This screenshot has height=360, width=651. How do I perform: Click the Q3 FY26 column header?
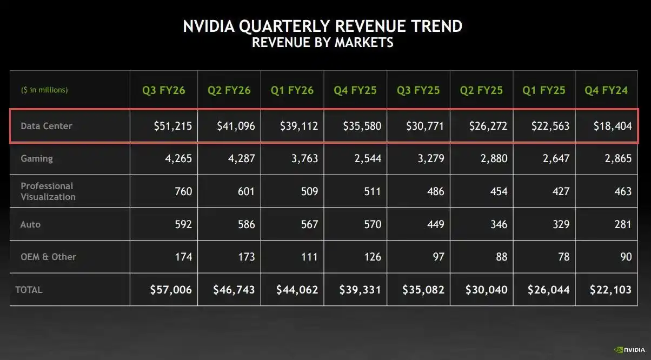163,90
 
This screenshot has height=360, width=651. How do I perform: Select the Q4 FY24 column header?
606,90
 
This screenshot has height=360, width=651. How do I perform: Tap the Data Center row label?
46,126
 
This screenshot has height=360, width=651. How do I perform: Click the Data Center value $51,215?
172,126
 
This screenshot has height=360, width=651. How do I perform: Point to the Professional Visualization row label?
48,191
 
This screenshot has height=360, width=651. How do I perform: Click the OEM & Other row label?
48,257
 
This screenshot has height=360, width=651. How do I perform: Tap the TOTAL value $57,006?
171,290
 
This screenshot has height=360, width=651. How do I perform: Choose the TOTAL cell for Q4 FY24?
610,290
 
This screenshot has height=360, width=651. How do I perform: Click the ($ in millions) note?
44,90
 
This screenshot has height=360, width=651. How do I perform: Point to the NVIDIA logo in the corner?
629,350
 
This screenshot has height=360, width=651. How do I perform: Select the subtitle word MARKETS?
364,42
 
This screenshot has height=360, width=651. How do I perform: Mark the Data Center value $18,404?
613,126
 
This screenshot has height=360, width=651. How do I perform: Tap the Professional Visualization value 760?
183,191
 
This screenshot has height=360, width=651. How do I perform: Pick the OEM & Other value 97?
438,257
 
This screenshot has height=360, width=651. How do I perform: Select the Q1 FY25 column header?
543,90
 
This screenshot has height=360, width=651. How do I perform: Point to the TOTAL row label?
29,290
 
